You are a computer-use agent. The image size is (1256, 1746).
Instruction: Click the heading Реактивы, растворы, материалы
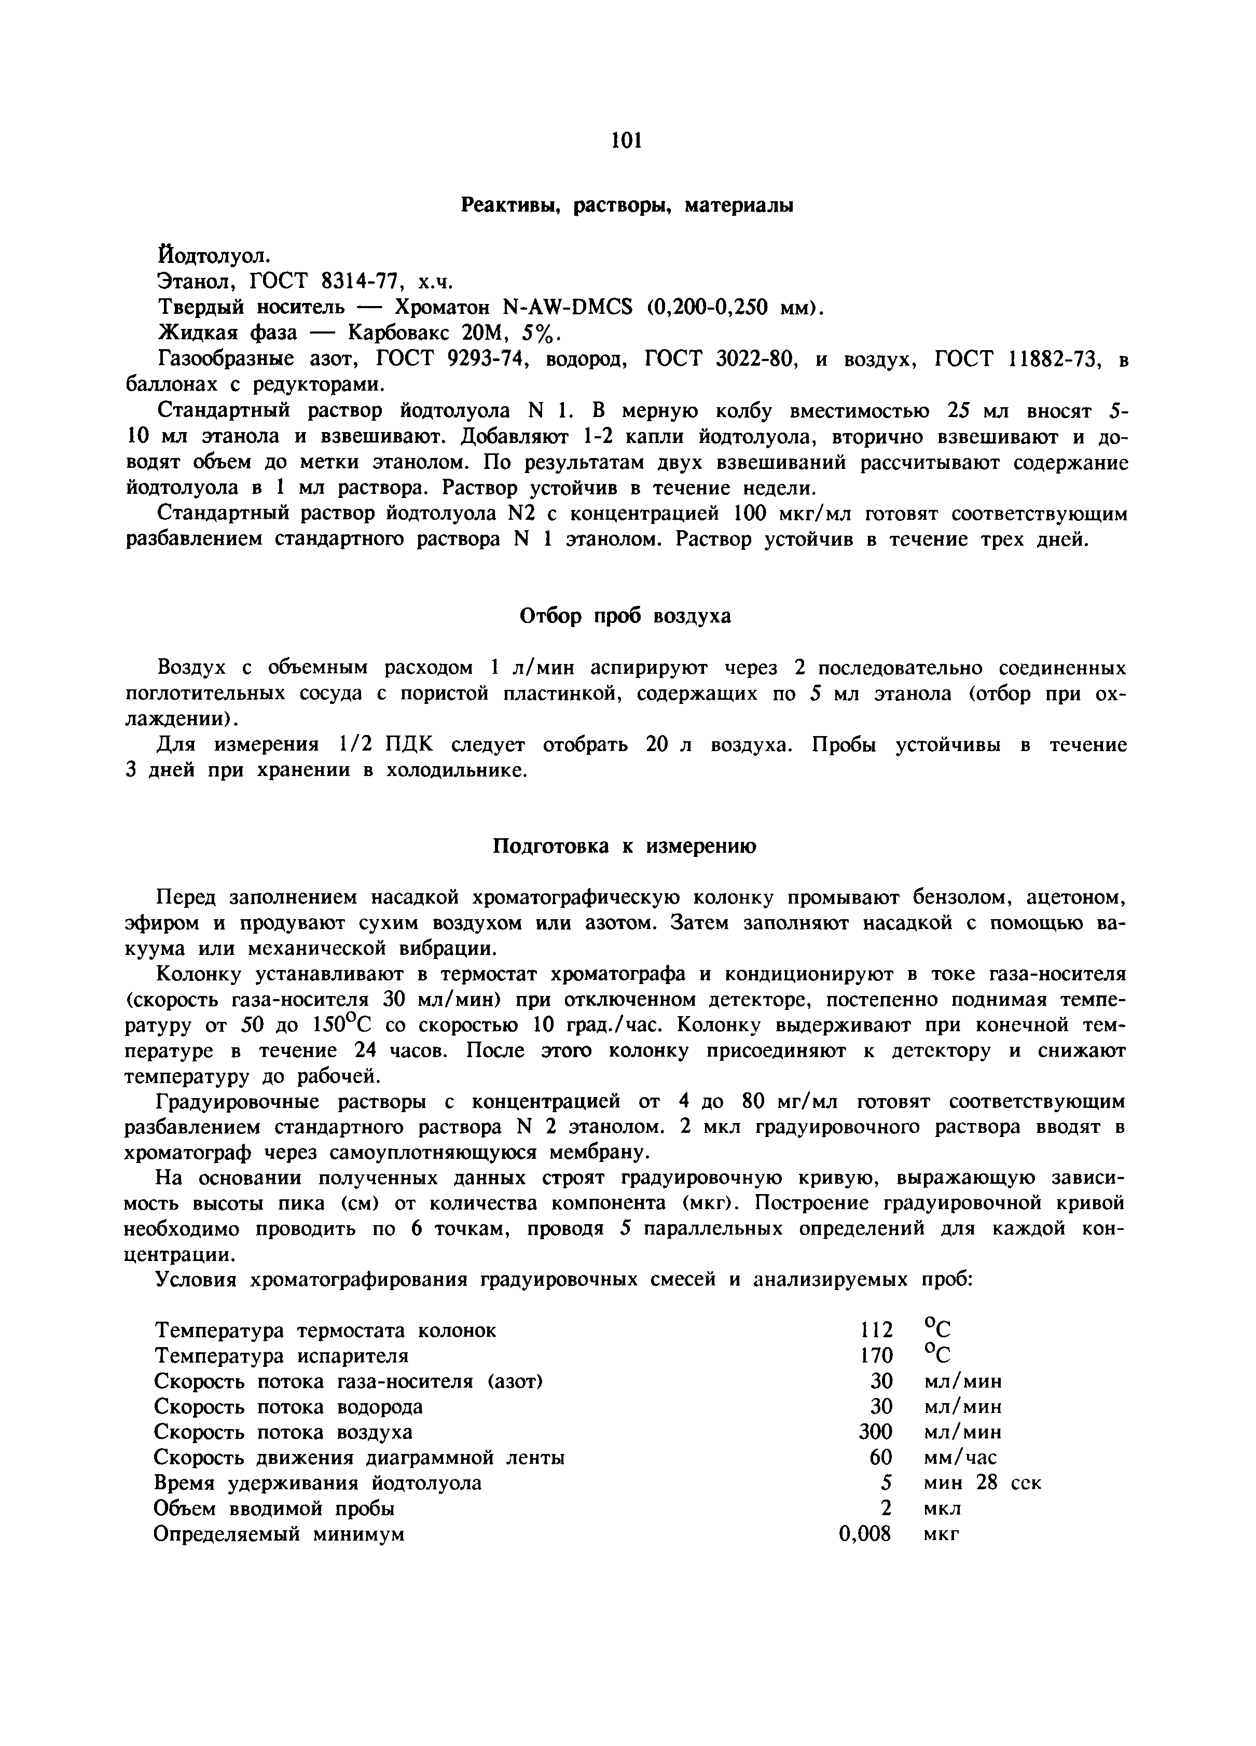[x=627, y=205]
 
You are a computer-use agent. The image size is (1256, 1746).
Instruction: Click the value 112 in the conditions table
[x=876, y=1329]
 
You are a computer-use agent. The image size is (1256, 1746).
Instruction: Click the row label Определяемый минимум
[x=279, y=1534]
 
